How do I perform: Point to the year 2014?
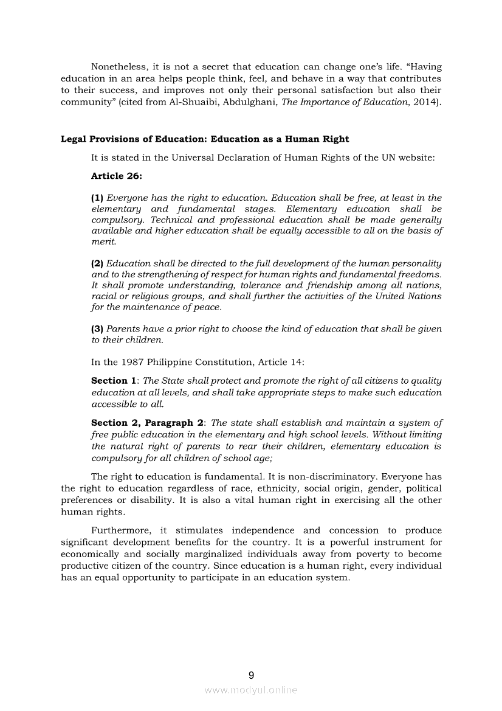click(x=425, y=102)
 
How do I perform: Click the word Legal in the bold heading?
click(x=73, y=139)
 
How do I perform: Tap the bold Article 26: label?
click(x=117, y=176)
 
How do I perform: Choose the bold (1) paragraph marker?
click(x=97, y=198)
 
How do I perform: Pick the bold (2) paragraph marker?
click(x=97, y=263)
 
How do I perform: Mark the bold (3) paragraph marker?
click(x=97, y=329)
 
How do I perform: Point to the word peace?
click(x=208, y=307)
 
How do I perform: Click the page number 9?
click(x=251, y=675)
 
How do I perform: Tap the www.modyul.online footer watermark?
click(x=251, y=690)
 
